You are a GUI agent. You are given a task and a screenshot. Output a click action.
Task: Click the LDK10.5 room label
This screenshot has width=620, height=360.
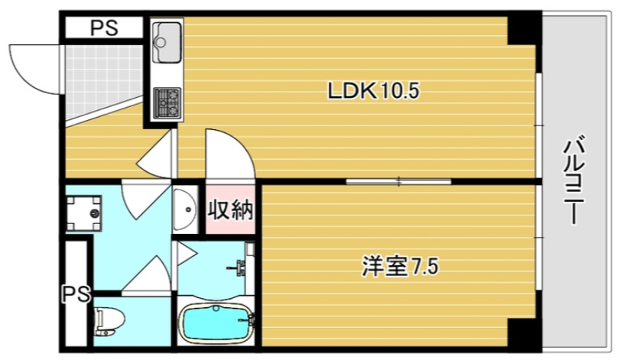374,92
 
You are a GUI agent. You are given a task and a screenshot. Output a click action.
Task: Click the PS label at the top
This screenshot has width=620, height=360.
104,29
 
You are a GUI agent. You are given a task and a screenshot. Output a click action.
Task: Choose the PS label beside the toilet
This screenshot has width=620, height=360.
76,293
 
